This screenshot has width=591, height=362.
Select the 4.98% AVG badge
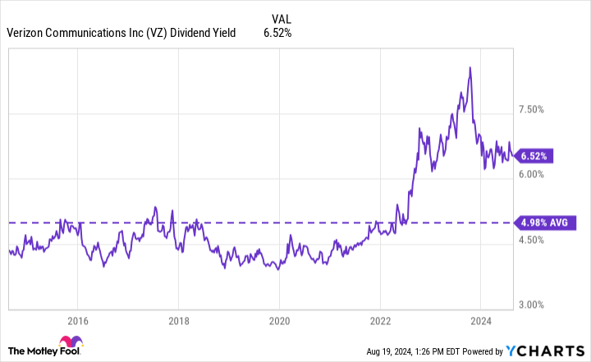tap(544, 222)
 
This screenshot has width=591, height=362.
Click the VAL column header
tap(281, 16)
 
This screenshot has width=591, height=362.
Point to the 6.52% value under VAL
tap(277, 33)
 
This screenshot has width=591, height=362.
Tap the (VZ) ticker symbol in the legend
tap(154, 33)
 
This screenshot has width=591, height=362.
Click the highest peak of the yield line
tap(469, 67)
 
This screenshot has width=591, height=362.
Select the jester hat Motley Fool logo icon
tap(70, 343)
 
